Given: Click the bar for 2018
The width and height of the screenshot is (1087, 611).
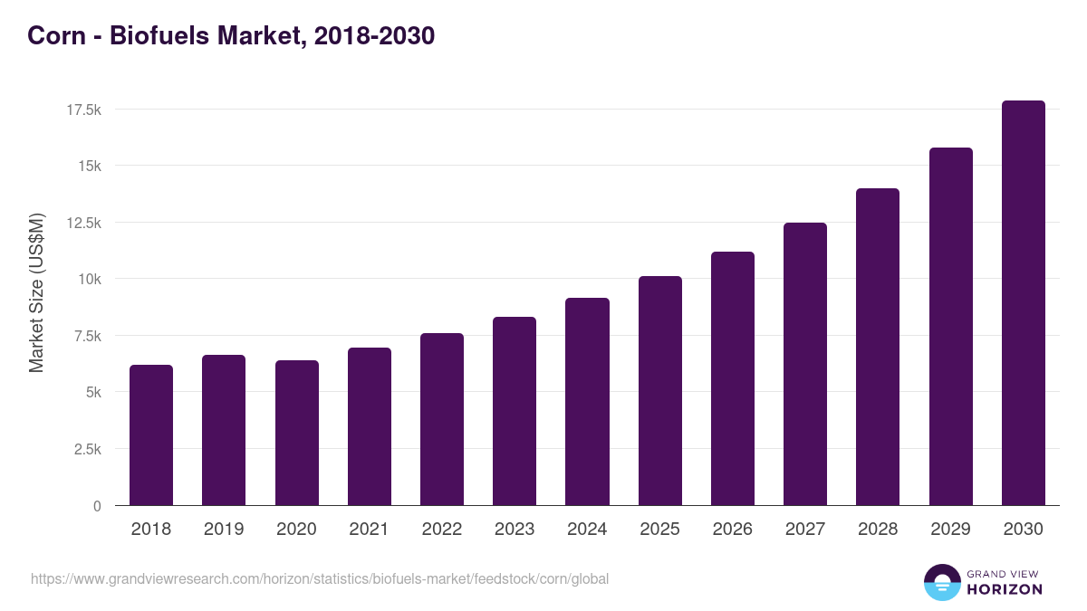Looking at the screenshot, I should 151,435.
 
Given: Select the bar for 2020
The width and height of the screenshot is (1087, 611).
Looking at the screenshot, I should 297,433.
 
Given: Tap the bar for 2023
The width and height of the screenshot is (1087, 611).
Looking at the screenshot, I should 515,411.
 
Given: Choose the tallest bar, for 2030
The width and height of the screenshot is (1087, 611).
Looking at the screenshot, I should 1024,303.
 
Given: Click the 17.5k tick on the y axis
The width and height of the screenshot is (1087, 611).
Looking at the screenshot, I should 83,110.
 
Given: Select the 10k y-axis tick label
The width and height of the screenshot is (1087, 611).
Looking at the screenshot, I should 89,279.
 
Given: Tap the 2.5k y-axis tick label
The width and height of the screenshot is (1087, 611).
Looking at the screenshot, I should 86,449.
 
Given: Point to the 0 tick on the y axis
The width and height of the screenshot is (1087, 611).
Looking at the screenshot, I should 96,506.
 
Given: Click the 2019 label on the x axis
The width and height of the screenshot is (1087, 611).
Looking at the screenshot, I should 224,530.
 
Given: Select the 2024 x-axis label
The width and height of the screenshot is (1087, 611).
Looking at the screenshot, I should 587,530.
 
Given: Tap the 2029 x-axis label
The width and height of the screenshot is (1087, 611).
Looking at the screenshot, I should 950,530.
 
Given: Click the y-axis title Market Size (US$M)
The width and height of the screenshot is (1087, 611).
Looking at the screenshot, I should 36,291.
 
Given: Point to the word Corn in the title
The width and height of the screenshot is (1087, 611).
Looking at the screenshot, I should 53,35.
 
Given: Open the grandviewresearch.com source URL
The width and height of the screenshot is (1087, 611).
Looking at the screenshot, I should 320,578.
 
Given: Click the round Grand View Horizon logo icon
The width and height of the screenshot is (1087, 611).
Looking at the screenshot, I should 942,582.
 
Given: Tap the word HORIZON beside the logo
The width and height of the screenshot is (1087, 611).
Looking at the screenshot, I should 1005,589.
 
